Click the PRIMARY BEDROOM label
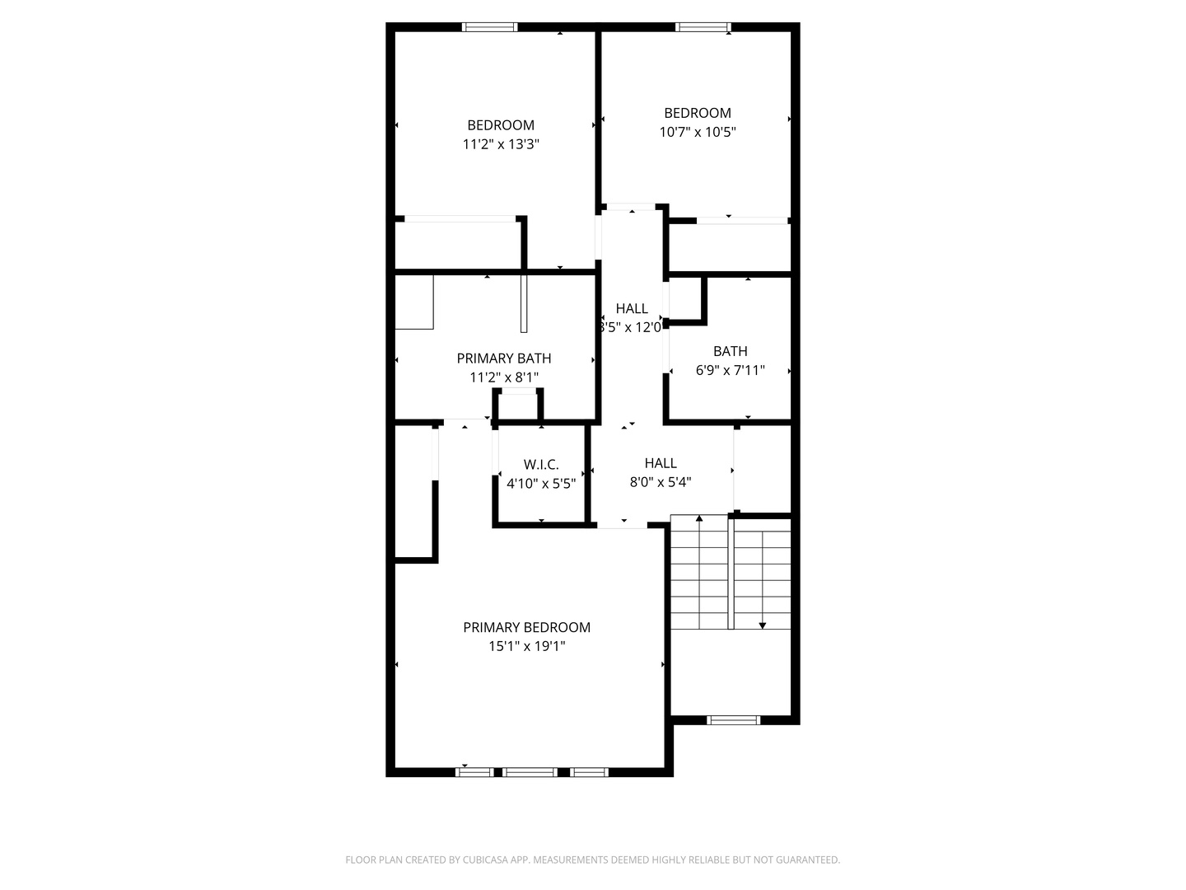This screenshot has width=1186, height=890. point(526,627)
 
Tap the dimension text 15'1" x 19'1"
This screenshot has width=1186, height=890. point(526,647)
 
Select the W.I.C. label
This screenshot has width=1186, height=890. point(541,465)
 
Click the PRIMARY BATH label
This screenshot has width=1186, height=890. point(504,358)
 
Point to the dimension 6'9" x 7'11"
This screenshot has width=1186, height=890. point(731,371)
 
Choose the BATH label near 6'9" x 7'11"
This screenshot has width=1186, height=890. point(731,351)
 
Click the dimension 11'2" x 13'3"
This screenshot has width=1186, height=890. point(501,145)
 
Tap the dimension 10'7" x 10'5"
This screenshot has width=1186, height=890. point(698,132)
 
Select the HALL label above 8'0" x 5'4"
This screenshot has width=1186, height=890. point(661,463)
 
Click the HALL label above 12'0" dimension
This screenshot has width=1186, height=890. point(632,308)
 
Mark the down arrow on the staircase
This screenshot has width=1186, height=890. point(763,625)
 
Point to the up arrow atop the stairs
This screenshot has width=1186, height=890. point(699,518)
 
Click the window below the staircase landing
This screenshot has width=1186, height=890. point(733,720)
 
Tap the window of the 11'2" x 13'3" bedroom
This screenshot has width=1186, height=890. point(490,27)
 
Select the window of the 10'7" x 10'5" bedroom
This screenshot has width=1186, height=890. point(703,27)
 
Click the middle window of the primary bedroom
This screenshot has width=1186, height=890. point(530,772)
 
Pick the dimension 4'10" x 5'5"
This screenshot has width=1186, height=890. point(541,484)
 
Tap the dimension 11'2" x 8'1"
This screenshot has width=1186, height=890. point(504,378)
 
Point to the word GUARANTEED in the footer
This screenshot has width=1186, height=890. point(807,860)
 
